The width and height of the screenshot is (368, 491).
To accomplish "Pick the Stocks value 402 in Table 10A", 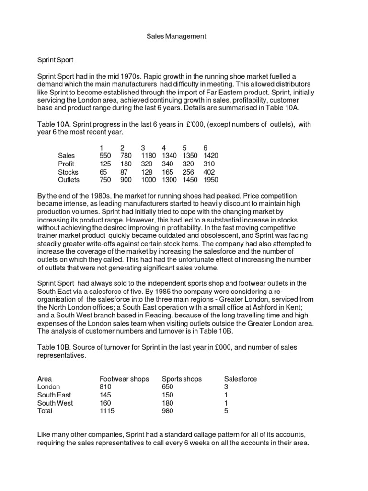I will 209,172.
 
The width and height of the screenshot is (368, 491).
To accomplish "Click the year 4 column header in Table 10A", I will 164,147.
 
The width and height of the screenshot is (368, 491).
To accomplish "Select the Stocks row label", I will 68,172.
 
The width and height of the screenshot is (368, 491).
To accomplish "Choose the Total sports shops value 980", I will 168,411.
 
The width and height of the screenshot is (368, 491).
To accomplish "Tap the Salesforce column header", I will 241,379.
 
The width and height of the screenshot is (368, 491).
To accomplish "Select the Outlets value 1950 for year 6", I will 211,180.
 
